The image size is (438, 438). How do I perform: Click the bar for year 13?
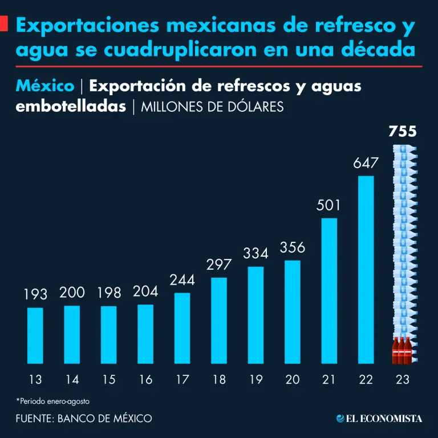tap(35, 335)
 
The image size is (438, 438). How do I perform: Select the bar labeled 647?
tap(366, 269)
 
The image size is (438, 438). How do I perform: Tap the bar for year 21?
tap(329, 290)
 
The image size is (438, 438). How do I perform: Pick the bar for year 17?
tap(182, 328)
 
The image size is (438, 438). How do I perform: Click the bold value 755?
tap(403, 132)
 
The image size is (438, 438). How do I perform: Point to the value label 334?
tap(255, 253)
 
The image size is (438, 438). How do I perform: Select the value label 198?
tap(109, 293)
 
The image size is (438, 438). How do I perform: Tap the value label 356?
tap(293, 248)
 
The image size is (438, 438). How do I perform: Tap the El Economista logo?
tap(379, 419)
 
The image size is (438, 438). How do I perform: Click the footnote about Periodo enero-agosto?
tap(53, 401)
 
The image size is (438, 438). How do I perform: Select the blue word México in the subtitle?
tap(46, 86)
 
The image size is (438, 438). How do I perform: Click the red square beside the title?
tap(3, 25)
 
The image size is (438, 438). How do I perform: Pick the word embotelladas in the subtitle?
tap(71, 107)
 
